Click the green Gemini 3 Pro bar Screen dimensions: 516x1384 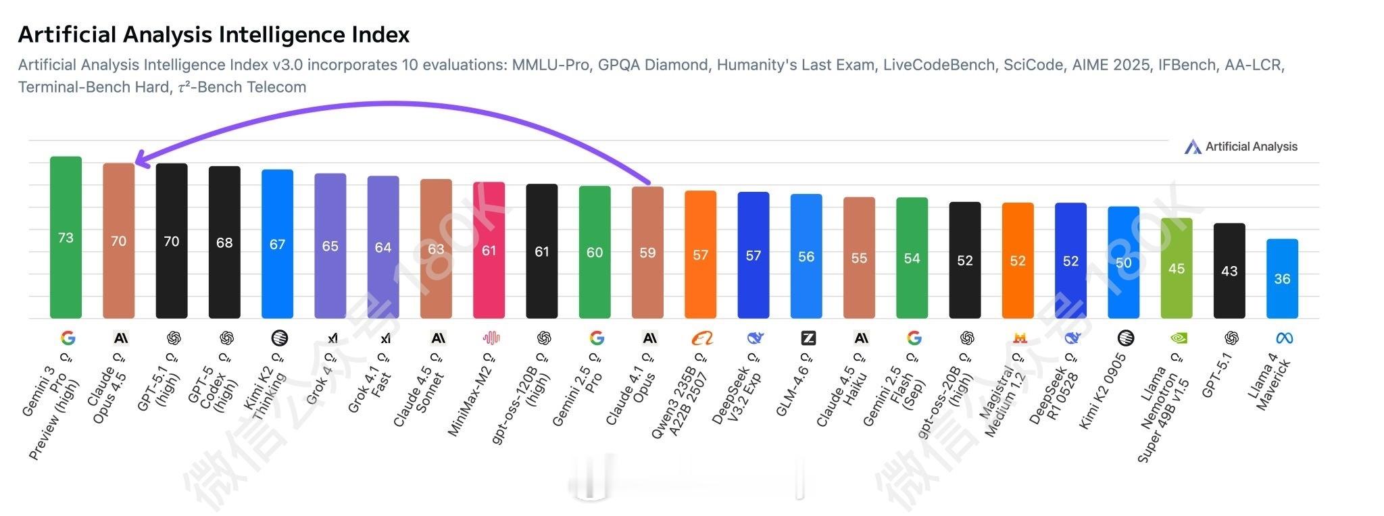pyautogui.click(x=66, y=236)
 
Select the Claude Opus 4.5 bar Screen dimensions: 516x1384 pyautogui.click(x=118, y=240)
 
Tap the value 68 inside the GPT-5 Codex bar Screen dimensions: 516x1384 pyautogui.click(x=224, y=242)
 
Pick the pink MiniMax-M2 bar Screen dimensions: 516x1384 pyautogui.click(x=489, y=250)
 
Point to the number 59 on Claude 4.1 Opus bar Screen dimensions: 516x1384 pyautogui.click(x=647, y=253)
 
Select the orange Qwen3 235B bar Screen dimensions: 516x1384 pyautogui.click(x=700, y=254)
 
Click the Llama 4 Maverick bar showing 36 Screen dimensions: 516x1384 pyautogui.click(x=1282, y=278)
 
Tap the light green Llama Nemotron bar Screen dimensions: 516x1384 pyautogui.click(x=1176, y=268)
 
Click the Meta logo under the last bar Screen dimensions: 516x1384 pyautogui.click(x=1284, y=338)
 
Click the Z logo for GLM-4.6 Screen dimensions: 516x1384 pyautogui.click(x=808, y=338)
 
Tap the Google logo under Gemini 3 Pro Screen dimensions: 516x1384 pyautogui.click(x=68, y=338)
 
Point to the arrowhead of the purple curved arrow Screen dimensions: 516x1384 pyautogui.click(x=138, y=159)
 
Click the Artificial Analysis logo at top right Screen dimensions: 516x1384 pyautogui.click(x=1241, y=147)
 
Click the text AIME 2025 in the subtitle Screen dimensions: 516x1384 pyautogui.click(x=1110, y=65)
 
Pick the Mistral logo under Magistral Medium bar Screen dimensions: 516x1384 pyautogui.click(x=1020, y=338)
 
